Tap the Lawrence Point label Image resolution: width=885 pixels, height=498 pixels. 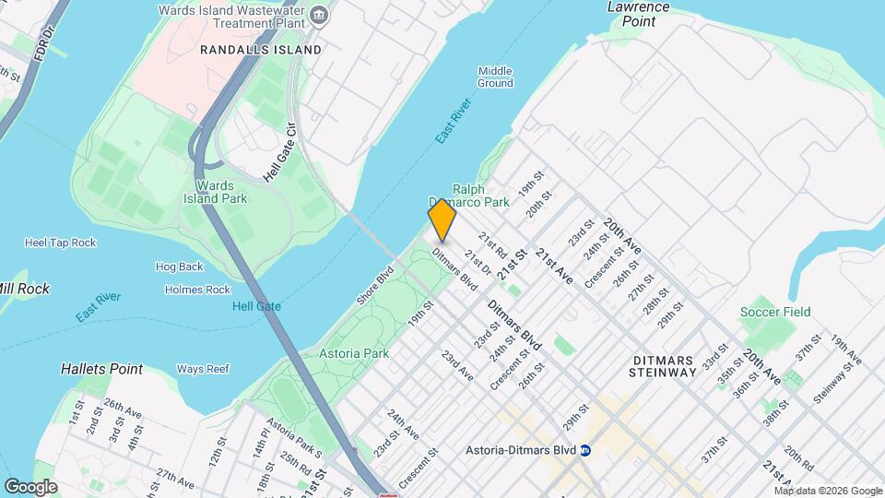click(638, 13)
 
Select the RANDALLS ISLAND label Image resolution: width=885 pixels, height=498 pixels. click(261, 50)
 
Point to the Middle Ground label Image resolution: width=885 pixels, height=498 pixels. click(495, 77)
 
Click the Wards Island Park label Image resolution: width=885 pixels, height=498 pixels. click(215, 192)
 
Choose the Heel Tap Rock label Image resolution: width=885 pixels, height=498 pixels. click(60, 243)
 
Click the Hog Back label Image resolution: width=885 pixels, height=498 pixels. click(179, 267)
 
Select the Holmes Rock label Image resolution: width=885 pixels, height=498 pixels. click(197, 290)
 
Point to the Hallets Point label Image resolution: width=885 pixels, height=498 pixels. click(101, 369)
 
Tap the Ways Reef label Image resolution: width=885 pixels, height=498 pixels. click(202, 370)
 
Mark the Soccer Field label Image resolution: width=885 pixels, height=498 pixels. click(775, 312)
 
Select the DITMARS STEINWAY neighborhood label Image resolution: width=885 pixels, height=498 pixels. click(662, 365)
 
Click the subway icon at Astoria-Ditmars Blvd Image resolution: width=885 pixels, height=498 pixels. click(584, 451)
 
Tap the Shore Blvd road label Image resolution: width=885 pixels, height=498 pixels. click(375, 286)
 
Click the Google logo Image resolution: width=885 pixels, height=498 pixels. click(30, 486)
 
